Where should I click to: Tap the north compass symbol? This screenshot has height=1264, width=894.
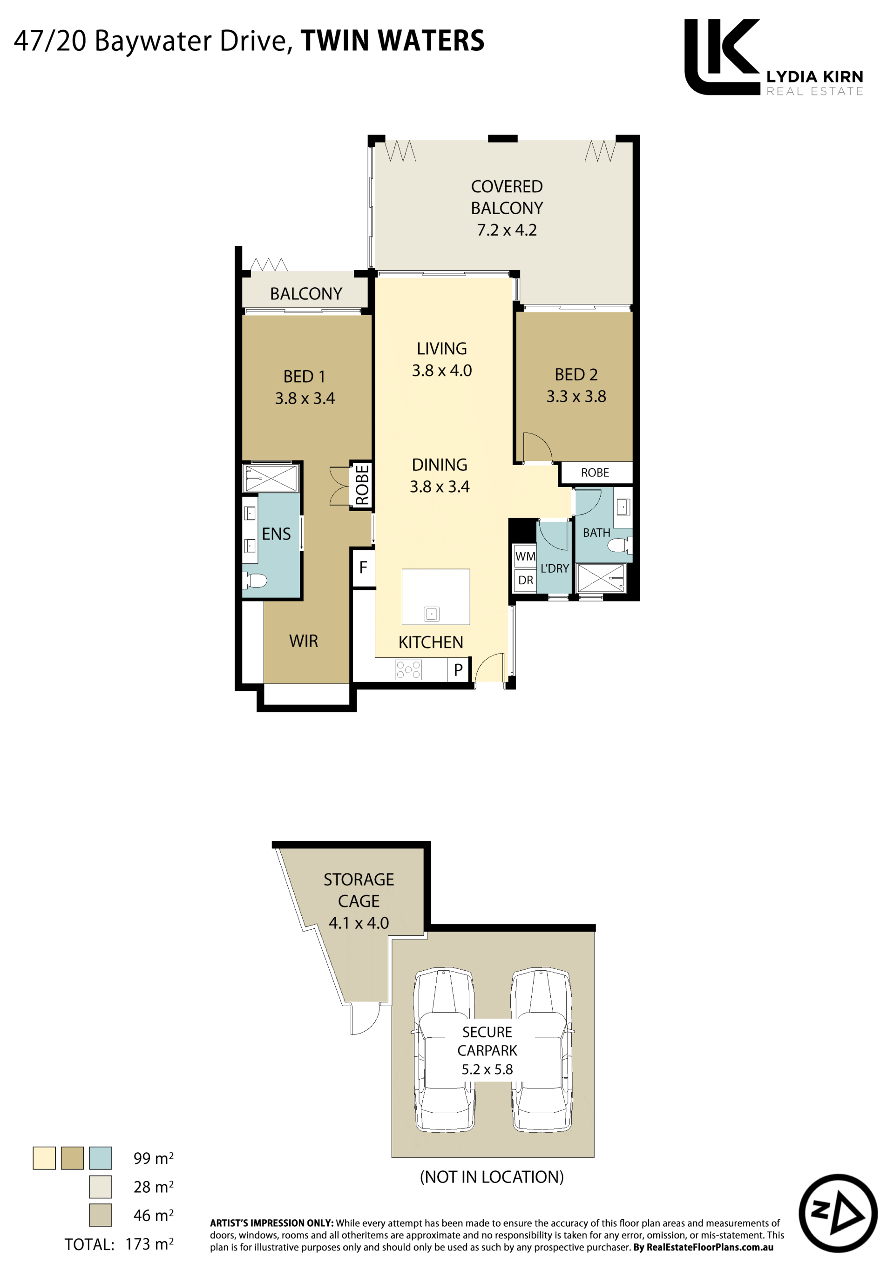[838, 1213]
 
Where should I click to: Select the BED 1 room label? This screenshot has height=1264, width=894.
[304, 377]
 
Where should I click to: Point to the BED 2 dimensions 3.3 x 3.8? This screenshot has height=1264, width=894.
[576, 396]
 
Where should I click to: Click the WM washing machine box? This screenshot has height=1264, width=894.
[525, 556]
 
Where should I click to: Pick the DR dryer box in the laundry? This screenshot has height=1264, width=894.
[525, 580]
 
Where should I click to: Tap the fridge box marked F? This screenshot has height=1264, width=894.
[363, 568]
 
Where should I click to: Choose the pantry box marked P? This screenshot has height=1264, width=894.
[458, 670]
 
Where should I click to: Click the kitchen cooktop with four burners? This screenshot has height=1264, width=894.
[408, 670]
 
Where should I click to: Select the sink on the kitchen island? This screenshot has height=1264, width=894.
[432, 613]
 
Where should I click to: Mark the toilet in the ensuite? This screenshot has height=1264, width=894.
[255, 580]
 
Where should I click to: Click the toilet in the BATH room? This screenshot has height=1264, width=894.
[619, 545]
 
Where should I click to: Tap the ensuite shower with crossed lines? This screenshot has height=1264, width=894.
[271, 477]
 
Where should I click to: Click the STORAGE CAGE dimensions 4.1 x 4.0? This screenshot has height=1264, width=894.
[359, 923]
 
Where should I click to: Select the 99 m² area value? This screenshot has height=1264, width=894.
[154, 1158]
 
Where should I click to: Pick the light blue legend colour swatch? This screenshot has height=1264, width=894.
[101, 1158]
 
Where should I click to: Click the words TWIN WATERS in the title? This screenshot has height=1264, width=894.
[393, 41]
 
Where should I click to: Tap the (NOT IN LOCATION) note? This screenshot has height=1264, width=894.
[492, 1177]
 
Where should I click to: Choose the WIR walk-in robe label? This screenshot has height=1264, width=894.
[303, 641]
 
